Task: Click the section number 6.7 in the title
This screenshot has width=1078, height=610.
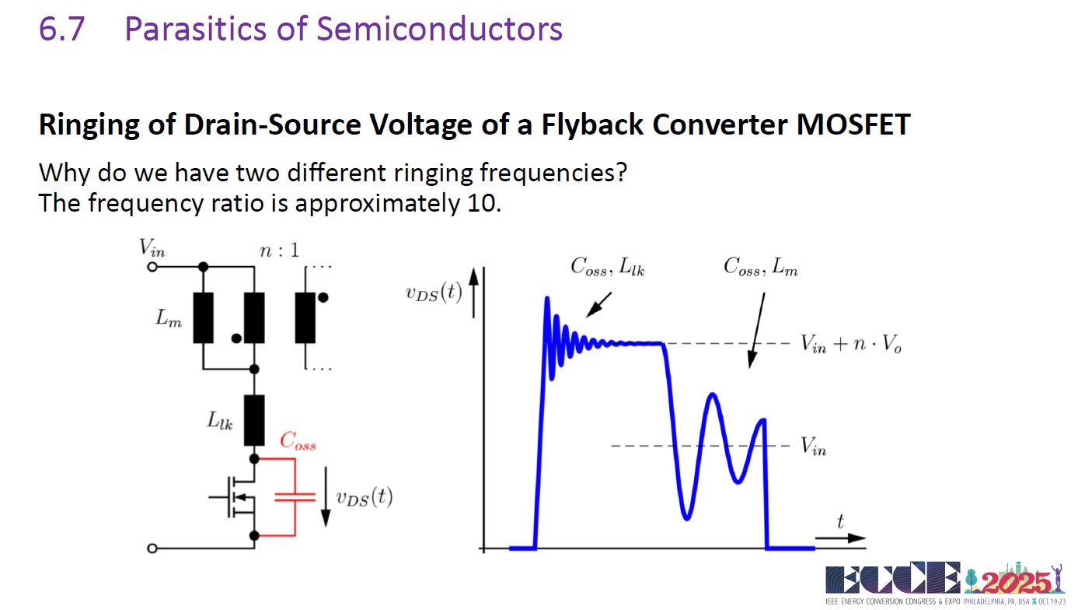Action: [x=61, y=29]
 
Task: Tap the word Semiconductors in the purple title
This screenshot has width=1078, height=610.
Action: [x=439, y=29]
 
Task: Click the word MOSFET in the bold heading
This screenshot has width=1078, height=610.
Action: [x=853, y=124]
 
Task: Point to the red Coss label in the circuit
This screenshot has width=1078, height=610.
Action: [x=298, y=440]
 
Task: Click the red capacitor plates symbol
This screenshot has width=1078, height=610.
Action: [x=295, y=497]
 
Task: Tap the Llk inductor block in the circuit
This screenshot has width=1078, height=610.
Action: [x=254, y=420]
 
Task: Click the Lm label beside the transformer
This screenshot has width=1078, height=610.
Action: [x=169, y=318]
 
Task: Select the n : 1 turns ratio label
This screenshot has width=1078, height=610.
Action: [x=280, y=250]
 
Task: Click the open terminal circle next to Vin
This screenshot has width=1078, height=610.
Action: [x=152, y=266]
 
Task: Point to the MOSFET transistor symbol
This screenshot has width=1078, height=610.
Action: [x=233, y=496]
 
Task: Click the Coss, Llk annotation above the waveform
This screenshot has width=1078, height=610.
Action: [x=607, y=266]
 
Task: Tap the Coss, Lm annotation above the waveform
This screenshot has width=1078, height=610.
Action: [x=760, y=266]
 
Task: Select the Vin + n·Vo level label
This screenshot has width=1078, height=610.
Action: [x=851, y=344]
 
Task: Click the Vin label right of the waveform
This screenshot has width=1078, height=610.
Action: [x=813, y=446]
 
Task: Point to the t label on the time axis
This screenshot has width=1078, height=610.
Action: [x=840, y=521]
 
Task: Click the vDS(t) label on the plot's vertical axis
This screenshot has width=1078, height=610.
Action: [x=434, y=293]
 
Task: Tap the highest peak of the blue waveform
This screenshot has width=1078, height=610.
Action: [x=546, y=298]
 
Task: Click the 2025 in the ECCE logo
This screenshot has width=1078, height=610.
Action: [x=1016, y=583]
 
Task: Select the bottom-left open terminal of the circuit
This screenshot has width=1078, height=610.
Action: [x=152, y=549]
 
